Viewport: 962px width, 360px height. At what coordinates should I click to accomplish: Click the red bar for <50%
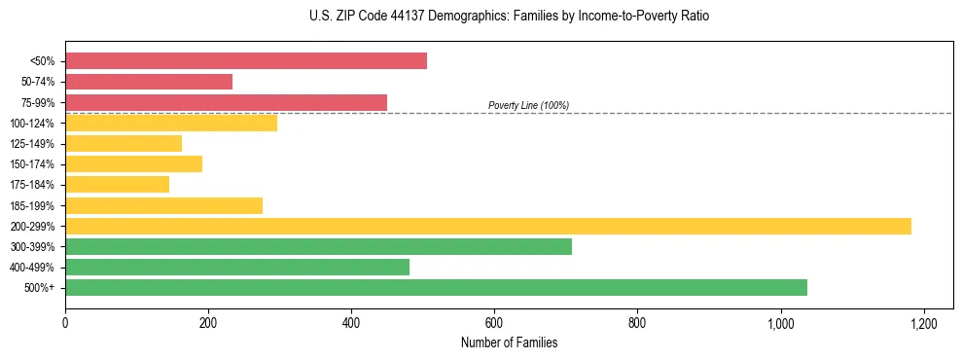[x=246, y=61]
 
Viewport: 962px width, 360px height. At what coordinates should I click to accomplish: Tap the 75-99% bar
[x=226, y=102]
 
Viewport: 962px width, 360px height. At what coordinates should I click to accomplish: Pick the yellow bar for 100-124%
[x=171, y=123]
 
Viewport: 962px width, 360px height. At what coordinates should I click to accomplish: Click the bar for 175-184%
[x=117, y=185]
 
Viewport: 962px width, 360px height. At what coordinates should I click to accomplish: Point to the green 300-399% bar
[x=318, y=246]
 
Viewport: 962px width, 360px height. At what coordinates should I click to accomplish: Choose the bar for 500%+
[x=436, y=287]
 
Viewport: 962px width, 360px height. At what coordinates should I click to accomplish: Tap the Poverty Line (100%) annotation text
[x=528, y=105]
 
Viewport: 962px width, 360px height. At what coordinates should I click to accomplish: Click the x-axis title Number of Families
[x=509, y=342]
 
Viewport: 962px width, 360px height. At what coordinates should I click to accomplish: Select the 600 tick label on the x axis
[x=494, y=323]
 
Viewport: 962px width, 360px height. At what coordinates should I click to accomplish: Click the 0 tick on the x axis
[x=65, y=323]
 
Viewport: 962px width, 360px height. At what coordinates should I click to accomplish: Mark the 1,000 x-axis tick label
[x=780, y=323]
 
